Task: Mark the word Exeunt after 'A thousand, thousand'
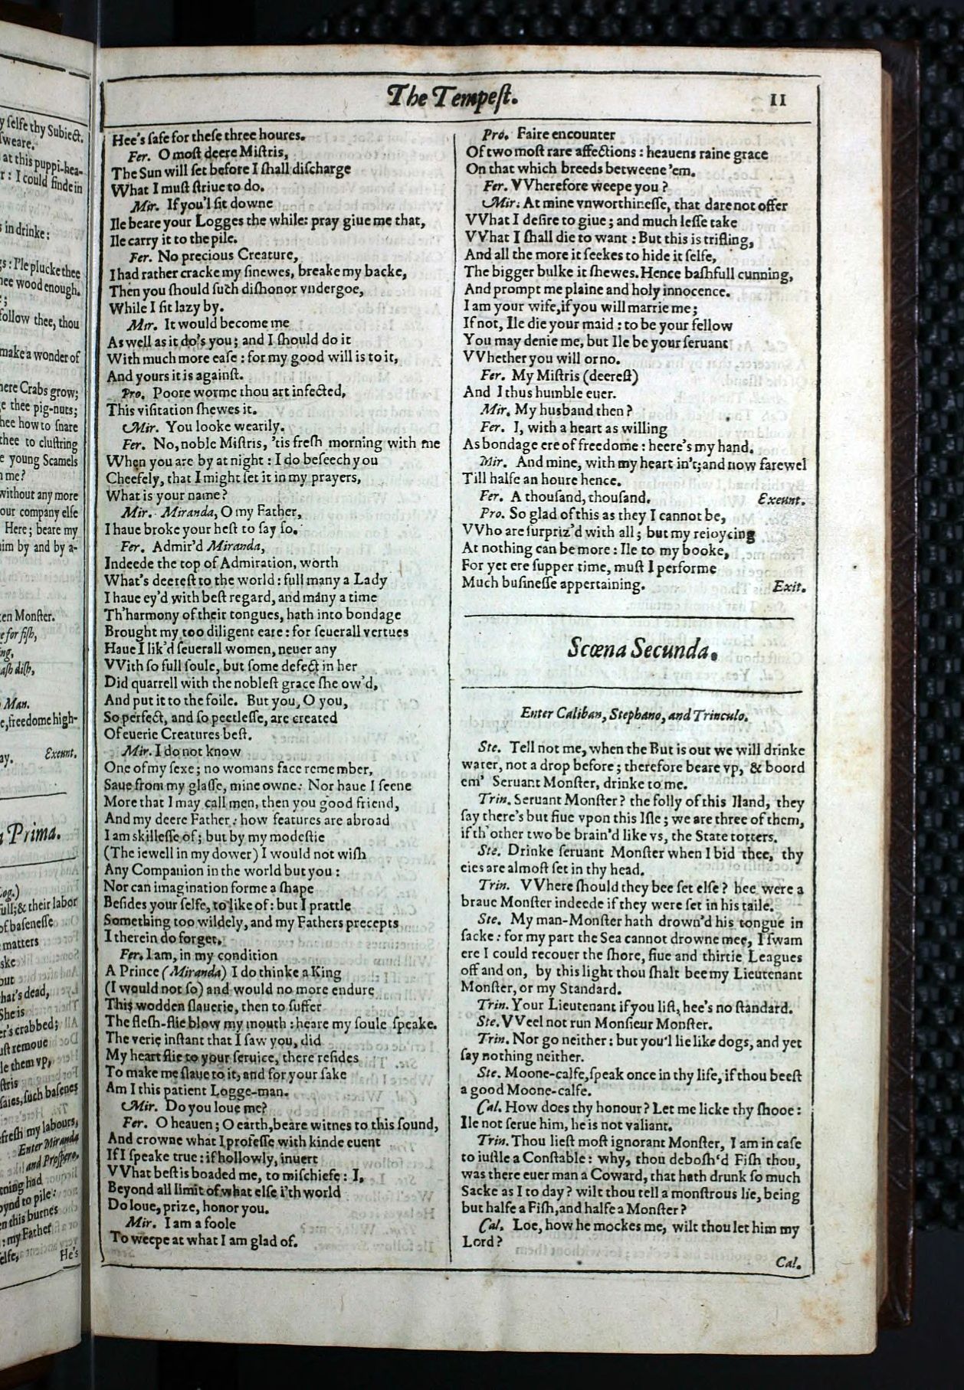(781, 499)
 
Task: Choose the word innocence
(686, 290)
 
